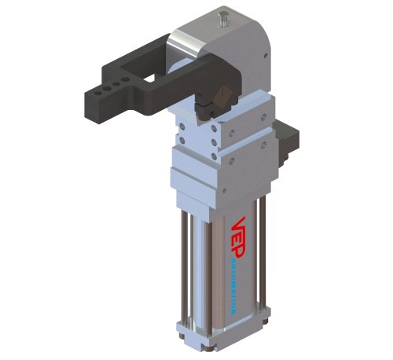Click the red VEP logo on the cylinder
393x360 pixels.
pos(238,238)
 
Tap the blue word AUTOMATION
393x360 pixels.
pos(233,285)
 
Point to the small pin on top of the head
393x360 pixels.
pos(222,19)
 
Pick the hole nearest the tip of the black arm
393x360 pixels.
pos(97,93)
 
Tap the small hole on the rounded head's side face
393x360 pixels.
pos(266,55)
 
